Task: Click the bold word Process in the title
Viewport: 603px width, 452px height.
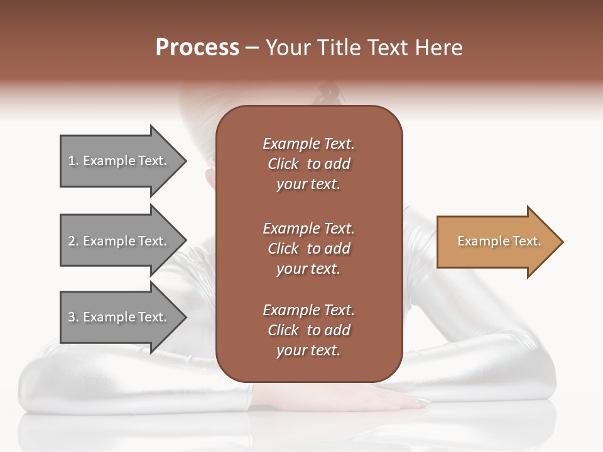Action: tap(197, 48)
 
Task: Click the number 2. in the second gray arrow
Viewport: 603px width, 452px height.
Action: tap(73, 241)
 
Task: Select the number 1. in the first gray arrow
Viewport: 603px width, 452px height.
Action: tap(73, 161)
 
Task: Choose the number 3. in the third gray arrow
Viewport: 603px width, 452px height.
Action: tap(73, 317)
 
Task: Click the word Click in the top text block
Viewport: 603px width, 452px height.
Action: tap(283, 164)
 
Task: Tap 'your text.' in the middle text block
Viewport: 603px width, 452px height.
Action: tap(308, 269)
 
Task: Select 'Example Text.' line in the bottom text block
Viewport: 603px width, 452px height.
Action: tap(308, 310)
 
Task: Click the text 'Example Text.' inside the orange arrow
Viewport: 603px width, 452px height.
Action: tap(499, 241)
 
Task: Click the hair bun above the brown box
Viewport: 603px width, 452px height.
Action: tap(330, 94)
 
